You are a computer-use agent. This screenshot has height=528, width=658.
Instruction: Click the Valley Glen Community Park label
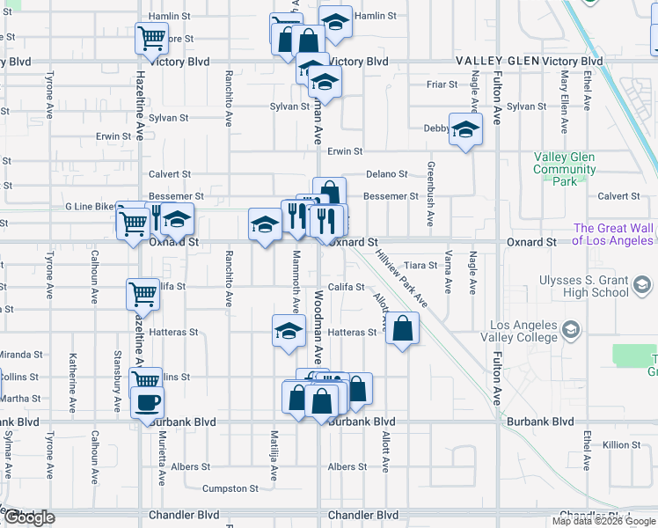coord(564,169)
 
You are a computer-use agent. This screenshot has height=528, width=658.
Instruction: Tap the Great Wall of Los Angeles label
coord(613,234)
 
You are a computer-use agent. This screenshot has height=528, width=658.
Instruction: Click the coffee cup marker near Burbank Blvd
coord(147,401)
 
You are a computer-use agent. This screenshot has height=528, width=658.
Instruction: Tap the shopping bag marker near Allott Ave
coord(402,328)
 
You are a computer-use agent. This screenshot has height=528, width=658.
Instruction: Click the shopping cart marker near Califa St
coord(143,294)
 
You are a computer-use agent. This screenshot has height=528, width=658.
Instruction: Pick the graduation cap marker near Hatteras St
coord(288,332)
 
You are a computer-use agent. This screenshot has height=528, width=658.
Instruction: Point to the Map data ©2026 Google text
coord(603,521)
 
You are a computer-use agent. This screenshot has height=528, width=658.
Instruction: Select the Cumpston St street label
coord(230,488)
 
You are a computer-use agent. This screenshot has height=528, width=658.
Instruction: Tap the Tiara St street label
coord(420,265)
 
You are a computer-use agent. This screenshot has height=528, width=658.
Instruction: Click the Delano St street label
coord(387,174)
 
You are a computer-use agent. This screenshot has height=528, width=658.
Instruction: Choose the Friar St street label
coord(442,84)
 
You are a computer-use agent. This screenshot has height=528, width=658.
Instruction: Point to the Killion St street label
coord(622,445)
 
